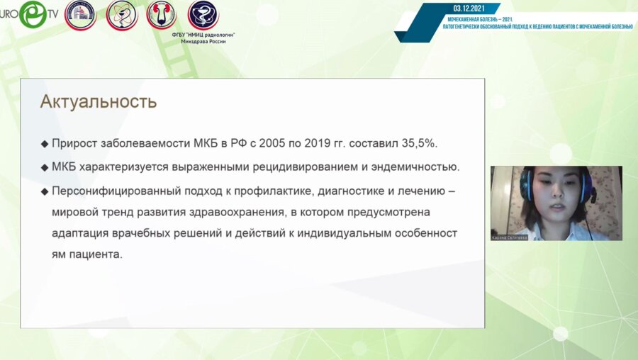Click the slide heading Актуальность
pyautogui.click(x=98, y=101)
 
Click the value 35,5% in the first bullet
pyautogui.click(x=418, y=143)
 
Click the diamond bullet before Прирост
pyautogui.click(x=45, y=144)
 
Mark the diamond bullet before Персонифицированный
pyautogui.click(x=45, y=191)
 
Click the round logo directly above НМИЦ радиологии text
pyautogui.click(x=203, y=15)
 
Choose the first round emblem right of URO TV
pyautogui.click(x=80, y=15)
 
